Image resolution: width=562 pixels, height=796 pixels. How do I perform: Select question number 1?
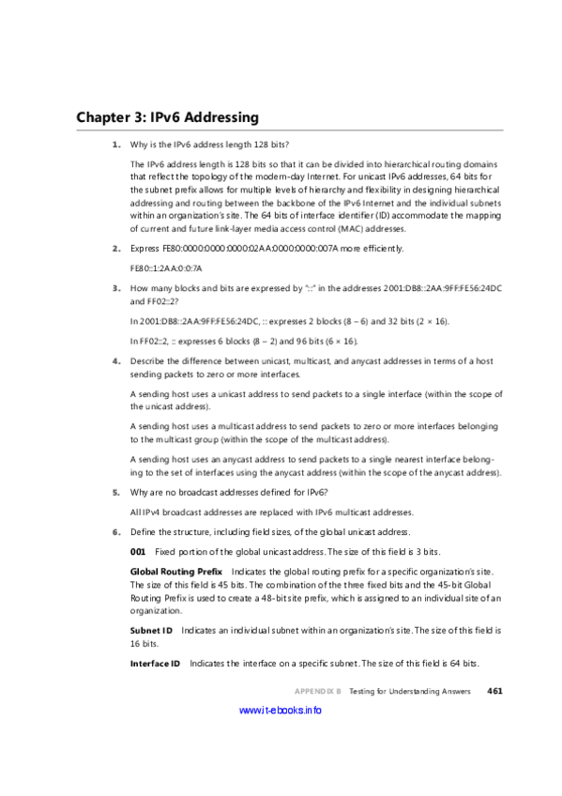click(x=115, y=145)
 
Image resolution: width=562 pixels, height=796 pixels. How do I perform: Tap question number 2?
click(x=115, y=248)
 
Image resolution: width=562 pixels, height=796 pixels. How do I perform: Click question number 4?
click(x=115, y=360)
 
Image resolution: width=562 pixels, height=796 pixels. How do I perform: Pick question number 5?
click(x=115, y=492)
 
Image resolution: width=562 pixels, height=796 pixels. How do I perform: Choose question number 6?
click(x=115, y=531)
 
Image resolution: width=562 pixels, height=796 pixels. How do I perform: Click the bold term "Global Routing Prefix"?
click(x=175, y=571)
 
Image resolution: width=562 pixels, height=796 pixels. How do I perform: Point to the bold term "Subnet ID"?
click(x=150, y=630)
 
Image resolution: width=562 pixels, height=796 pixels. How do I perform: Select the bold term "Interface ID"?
click(x=155, y=664)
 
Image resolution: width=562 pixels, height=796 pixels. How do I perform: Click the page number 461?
click(x=495, y=691)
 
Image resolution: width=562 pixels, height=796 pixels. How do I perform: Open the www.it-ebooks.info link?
click(x=281, y=711)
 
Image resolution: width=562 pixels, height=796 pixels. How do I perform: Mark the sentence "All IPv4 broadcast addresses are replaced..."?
click(x=270, y=512)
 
